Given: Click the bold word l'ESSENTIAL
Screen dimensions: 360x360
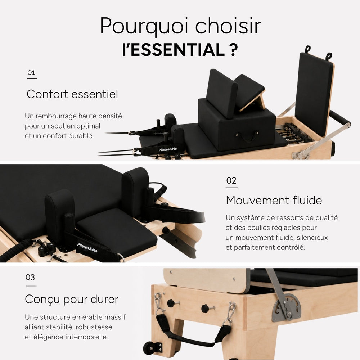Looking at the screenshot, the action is click(x=174, y=50).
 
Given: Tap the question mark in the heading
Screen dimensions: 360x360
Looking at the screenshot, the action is click(x=234, y=50).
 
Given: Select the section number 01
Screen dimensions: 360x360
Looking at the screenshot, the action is click(x=31, y=73).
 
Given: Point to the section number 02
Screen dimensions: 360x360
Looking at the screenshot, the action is click(x=231, y=181).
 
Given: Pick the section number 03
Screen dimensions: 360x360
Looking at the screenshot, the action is click(x=30, y=277).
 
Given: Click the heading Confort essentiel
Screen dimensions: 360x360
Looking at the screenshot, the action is click(x=72, y=94).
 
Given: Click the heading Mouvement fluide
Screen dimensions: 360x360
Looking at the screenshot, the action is click(x=274, y=200).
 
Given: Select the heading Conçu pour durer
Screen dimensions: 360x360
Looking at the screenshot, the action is click(x=72, y=300).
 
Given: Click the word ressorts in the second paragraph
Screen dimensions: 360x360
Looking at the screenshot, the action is click(x=282, y=218).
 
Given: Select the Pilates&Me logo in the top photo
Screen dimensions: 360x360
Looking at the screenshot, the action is click(x=168, y=149).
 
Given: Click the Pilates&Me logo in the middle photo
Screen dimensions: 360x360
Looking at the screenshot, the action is click(x=87, y=248).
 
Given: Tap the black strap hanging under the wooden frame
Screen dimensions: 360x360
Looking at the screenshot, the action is click(x=193, y=332).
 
